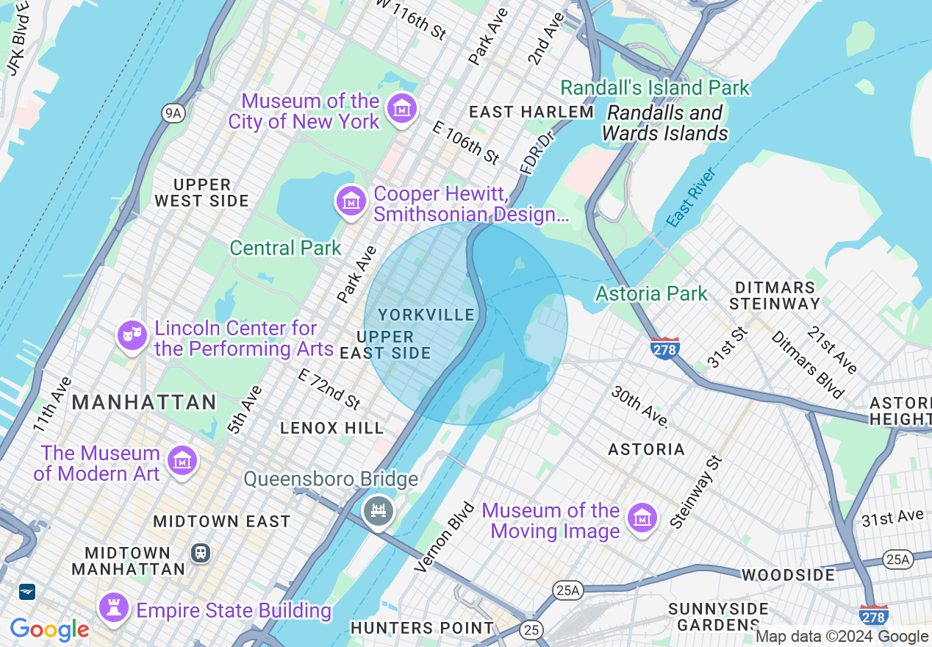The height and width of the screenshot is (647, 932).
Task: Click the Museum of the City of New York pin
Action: [402, 109]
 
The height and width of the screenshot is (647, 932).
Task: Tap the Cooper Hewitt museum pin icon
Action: [351, 201]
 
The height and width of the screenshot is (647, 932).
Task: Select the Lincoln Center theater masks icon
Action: [132, 336]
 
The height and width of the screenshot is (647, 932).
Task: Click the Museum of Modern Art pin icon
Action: [181, 461]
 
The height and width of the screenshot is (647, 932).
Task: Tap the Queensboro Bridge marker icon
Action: [379, 510]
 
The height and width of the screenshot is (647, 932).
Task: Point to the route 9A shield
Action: [171, 112]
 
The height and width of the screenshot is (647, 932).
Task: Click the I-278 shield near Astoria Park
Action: [664, 348]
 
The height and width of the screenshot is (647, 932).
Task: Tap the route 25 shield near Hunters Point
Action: [531, 629]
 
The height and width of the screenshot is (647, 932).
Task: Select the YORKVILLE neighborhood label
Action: [426, 315]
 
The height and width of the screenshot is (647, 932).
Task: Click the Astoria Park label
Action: [651, 293]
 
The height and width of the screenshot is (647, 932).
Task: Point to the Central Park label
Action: [285, 248]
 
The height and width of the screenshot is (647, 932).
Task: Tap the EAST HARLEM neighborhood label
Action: [531, 112]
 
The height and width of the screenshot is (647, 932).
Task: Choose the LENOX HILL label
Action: [332, 428]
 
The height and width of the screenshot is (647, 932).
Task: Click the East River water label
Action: [691, 198]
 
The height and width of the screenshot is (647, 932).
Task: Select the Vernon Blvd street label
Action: [444, 537]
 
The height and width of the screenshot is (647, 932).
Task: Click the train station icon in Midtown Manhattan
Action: [200, 552]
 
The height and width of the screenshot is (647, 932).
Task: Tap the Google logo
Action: [49, 629]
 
